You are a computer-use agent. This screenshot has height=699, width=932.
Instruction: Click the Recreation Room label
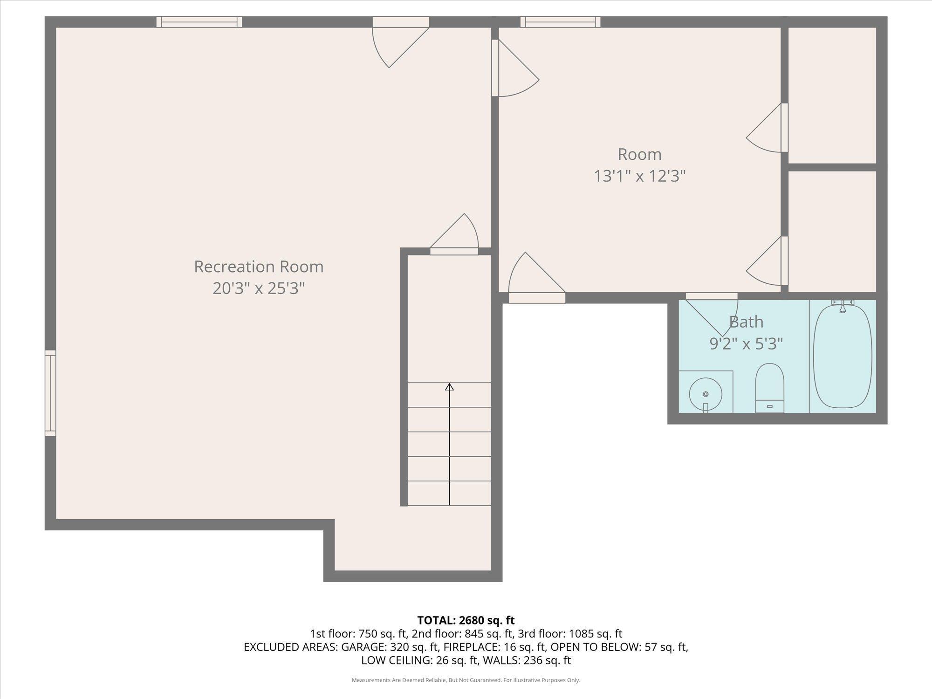259,267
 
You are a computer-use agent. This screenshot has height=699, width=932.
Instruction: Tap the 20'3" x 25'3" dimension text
259,288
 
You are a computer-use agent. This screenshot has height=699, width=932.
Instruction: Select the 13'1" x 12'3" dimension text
640,176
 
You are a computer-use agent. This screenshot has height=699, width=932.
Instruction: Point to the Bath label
746,322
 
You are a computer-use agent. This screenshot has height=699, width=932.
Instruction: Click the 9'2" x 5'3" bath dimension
746,344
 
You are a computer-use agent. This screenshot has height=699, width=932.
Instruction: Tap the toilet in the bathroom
769,388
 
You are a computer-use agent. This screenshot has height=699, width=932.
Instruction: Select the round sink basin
706,394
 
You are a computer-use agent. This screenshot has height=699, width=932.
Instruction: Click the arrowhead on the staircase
449,387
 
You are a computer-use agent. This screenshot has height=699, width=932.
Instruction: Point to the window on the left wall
50,393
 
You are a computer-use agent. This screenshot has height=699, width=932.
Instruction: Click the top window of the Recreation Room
199,22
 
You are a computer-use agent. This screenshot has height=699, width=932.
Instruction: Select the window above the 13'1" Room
560,22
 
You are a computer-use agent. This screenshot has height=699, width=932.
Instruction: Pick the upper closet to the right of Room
832,96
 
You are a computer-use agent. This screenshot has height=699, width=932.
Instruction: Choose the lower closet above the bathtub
832,232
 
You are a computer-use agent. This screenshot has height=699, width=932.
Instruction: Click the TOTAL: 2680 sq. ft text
466,620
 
